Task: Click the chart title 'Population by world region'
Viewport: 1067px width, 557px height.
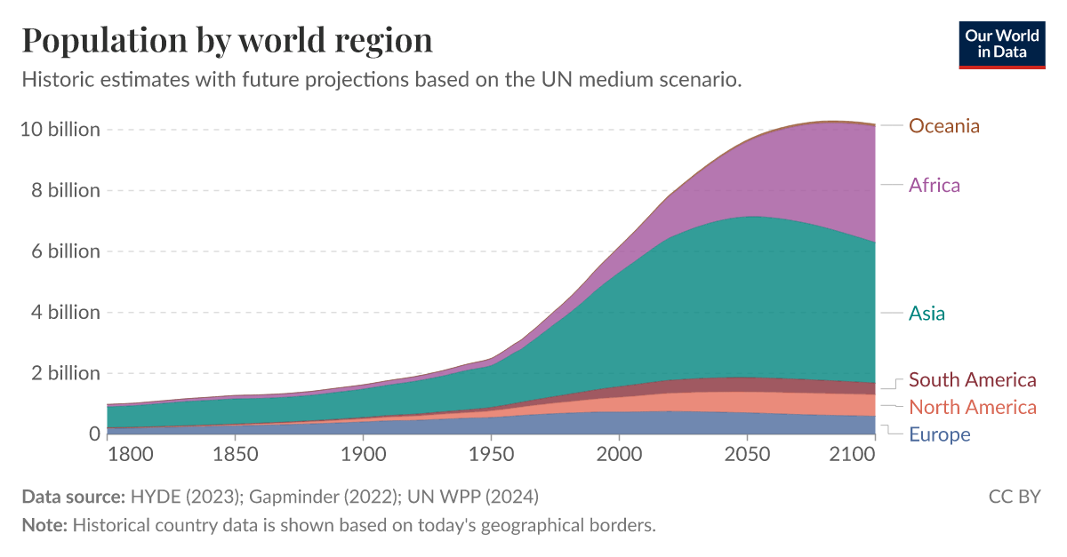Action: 227,40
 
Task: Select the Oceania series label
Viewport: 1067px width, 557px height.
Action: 943,126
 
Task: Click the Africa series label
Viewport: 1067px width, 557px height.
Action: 934,186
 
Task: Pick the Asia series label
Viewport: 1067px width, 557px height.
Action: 927,314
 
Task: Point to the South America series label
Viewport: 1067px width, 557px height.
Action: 972,380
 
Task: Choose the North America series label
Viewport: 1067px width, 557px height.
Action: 972,407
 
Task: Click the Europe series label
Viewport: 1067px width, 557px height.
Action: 939,434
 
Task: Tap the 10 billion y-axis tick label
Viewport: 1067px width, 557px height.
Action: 60,130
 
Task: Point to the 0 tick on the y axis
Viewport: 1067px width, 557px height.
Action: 93,434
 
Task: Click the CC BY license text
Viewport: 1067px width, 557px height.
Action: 1014,497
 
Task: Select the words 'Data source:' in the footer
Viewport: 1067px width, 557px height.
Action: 73,497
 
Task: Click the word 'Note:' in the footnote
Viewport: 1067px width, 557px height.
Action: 44,525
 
